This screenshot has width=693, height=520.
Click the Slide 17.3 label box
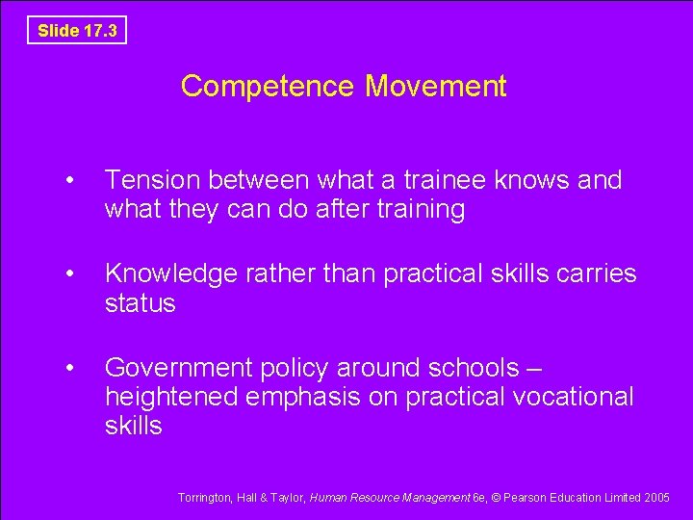point(77,30)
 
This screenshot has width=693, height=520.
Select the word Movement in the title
point(436,87)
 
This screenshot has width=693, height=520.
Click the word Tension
point(151,180)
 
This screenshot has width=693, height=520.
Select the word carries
point(596,273)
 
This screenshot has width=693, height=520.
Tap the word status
point(140,303)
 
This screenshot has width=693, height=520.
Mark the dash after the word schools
point(536,368)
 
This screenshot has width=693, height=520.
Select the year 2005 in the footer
point(658,497)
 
